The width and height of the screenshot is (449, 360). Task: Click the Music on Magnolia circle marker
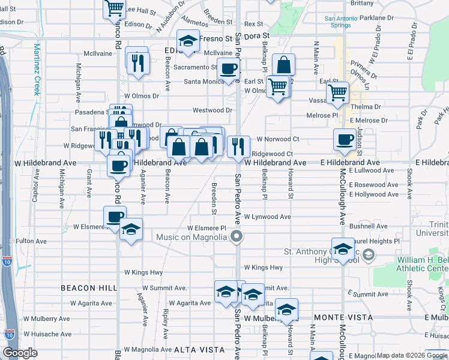[237, 236]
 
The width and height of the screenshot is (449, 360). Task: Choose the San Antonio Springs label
[346, 22]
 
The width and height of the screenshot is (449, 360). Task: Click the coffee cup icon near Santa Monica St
[228, 69]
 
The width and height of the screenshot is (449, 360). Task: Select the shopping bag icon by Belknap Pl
[283, 64]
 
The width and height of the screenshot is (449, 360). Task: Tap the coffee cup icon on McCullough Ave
[345, 139]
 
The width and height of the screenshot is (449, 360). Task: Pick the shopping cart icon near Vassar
[338, 92]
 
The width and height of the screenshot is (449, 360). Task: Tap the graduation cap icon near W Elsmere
[131, 229]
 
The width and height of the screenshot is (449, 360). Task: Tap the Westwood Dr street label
[212, 110]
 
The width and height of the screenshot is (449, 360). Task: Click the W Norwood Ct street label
[271, 139]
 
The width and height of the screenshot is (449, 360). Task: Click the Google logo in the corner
[20, 353]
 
